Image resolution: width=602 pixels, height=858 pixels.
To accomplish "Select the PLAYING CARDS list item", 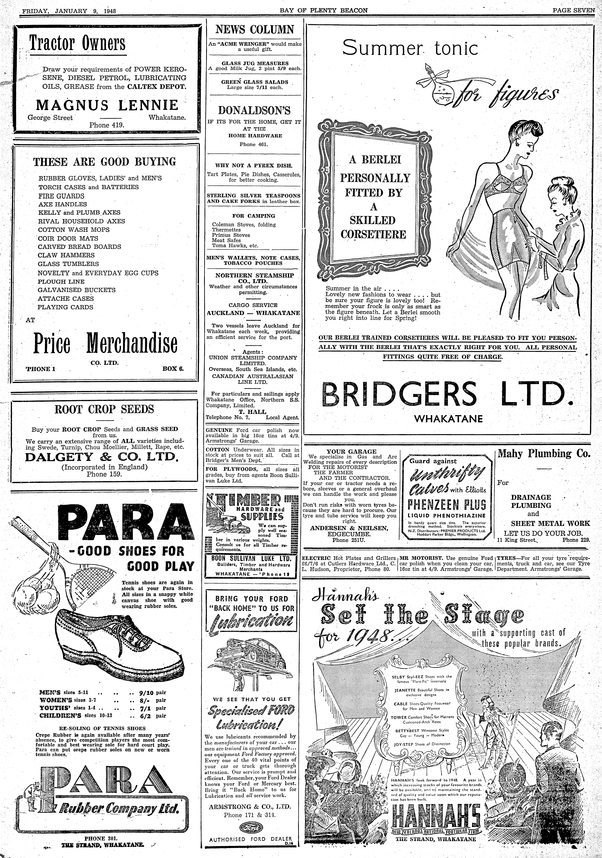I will tap(65, 307).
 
